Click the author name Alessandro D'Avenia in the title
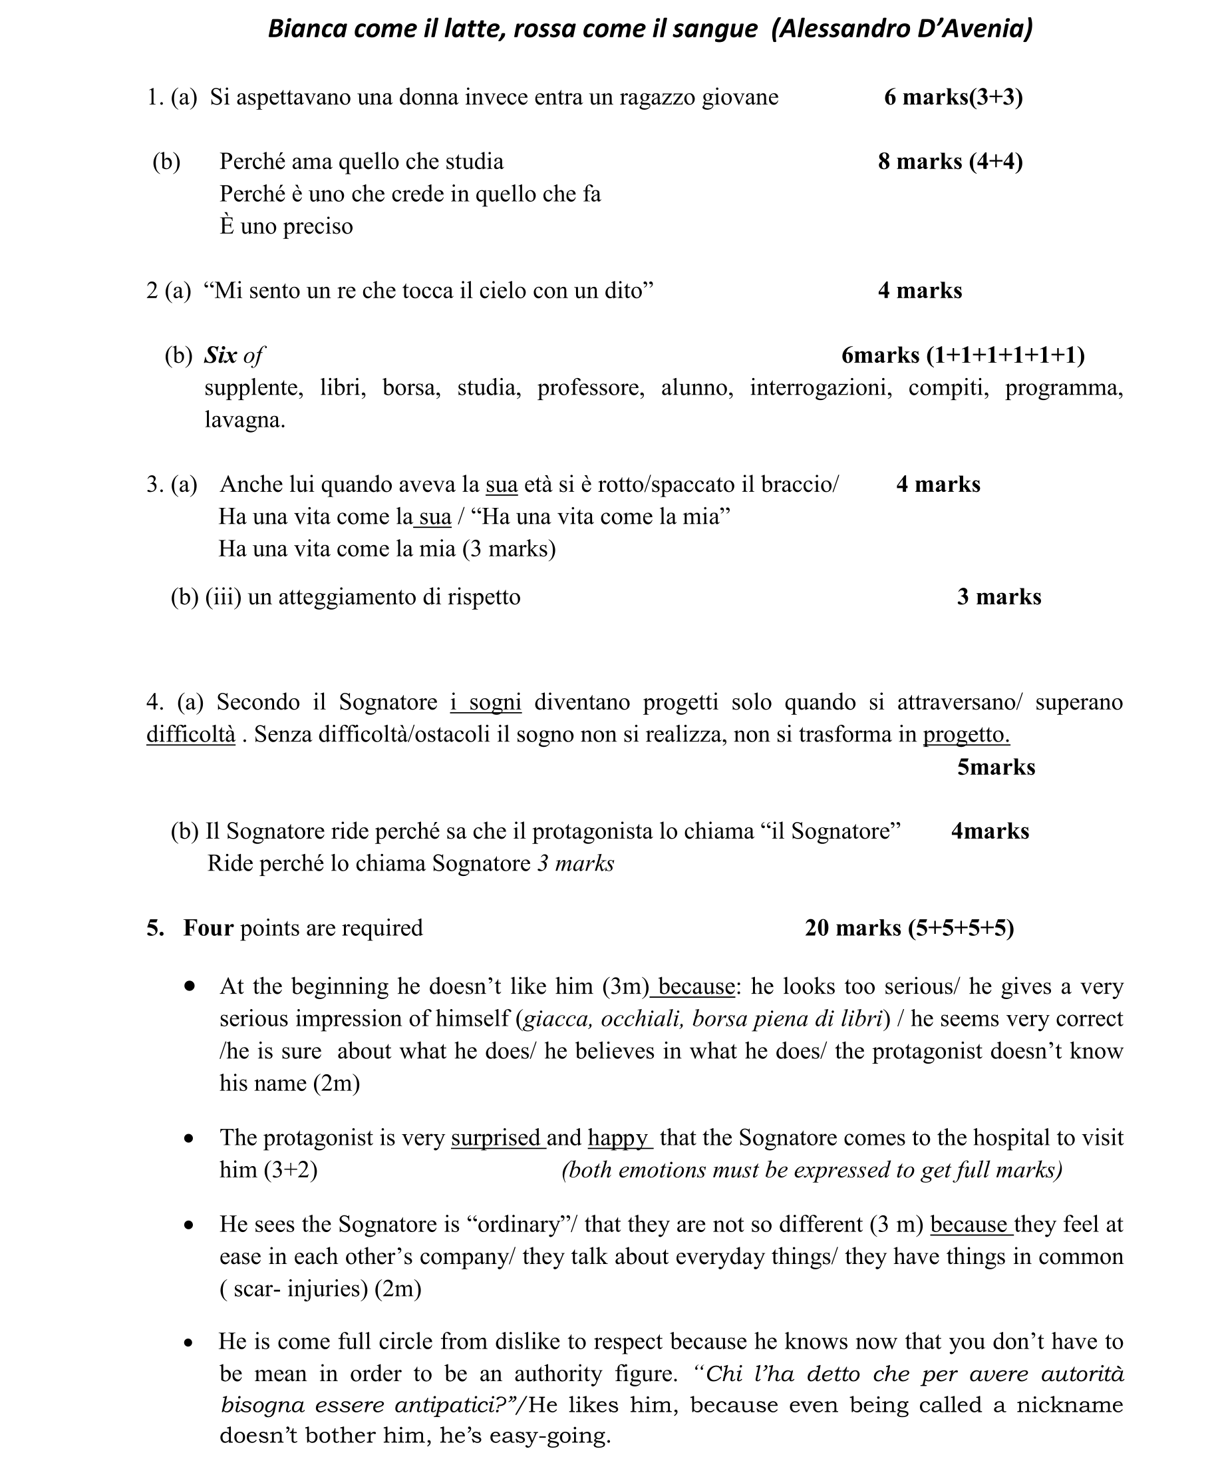pyautogui.click(x=901, y=29)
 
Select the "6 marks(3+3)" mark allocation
pyautogui.click(x=953, y=97)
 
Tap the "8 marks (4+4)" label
pyautogui.click(x=950, y=162)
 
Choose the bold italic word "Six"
pyautogui.click(x=220, y=355)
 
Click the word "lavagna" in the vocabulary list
pyautogui.click(x=243, y=420)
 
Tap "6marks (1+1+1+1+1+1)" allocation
pyautogui.click(x=963, y=355)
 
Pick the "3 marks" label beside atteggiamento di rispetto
pyautogui.click(x=998, y=596)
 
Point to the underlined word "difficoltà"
pyautogui.click(x=191, y=734)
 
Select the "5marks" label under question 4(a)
pyautogui.click(x=996, y=767)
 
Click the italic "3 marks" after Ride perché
pyautogui.click(x=575, y=863)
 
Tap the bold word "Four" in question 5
pyautogui.click(x=208, y=928)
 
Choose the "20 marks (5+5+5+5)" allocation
pyautogui.click(x=909, y=928)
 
